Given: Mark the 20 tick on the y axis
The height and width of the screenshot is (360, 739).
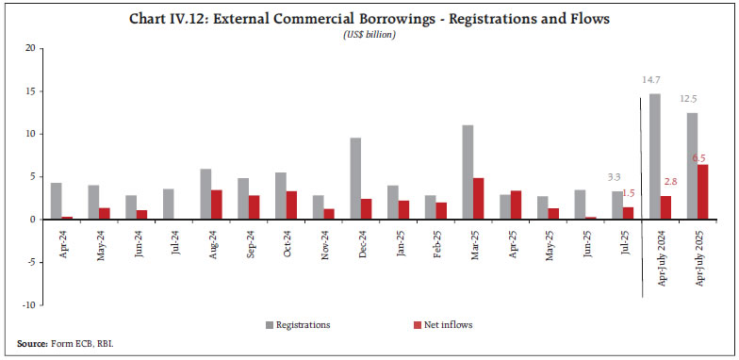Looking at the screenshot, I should coord(31,48).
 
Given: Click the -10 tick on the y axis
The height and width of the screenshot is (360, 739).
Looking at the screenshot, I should coord(29,305).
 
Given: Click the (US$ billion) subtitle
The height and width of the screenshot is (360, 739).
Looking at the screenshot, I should coord(369,34).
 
